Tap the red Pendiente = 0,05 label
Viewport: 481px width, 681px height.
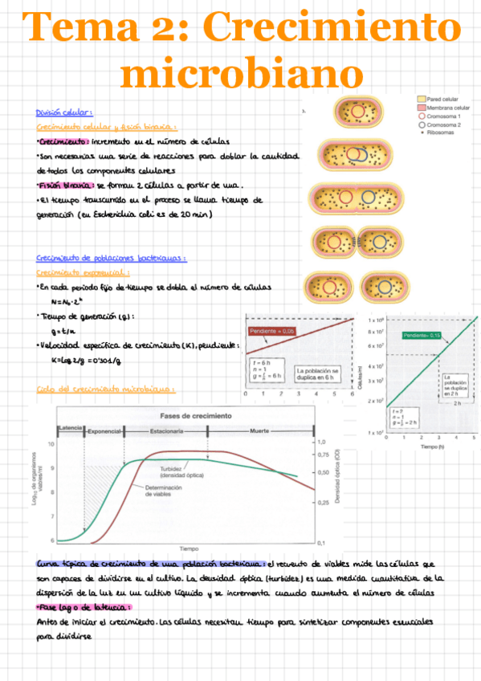[x=271, y=331]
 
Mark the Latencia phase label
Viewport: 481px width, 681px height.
[x=70, y=429]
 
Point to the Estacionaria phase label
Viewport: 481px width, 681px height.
[x=166, y=432]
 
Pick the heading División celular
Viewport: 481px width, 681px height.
[x=65, y=112]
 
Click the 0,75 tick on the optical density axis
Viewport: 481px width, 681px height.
[x=320, y=455]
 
